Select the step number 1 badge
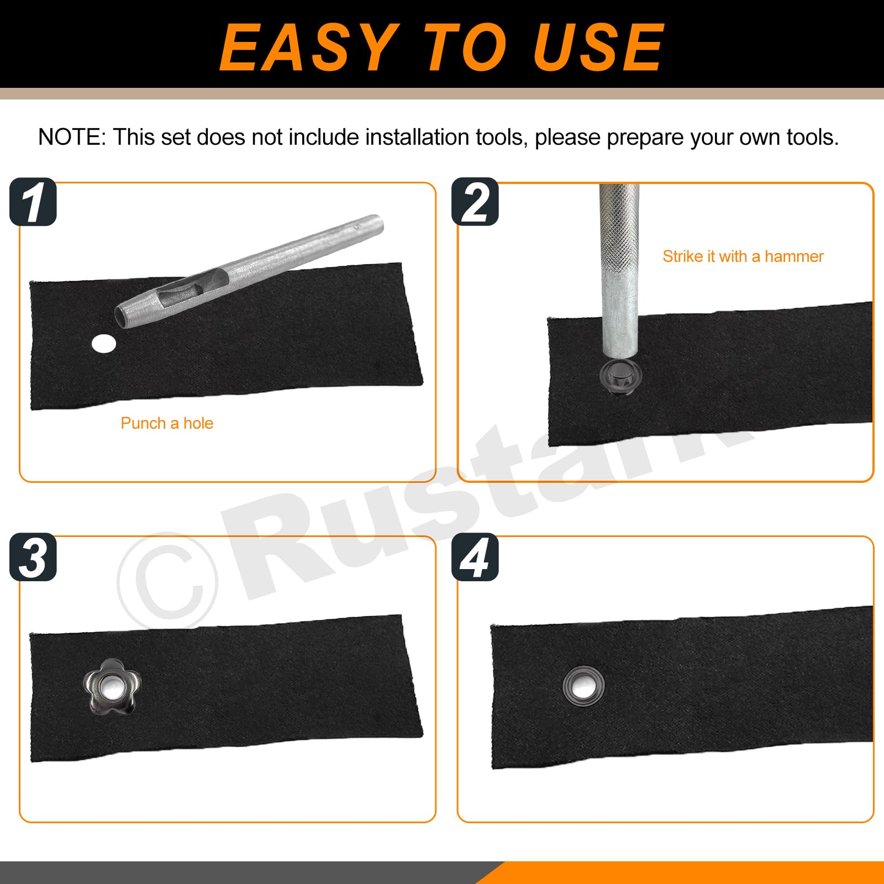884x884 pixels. coord(33,202)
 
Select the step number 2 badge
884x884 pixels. coord(475,202)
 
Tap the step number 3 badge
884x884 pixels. coord(33,556)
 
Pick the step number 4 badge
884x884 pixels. coord(475,556)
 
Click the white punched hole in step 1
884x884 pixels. coord(104,344)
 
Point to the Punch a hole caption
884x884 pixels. coord(167,423)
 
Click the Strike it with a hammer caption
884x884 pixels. coord(743,256)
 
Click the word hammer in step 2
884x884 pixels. coord(794,256)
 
